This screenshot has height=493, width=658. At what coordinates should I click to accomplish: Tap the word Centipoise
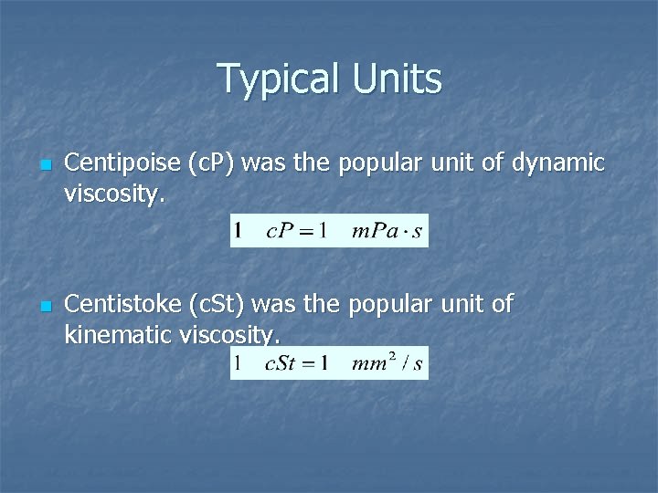coord(122,164)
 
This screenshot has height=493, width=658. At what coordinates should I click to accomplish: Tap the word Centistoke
coord(123,303)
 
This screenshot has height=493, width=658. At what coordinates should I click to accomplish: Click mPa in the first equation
coord(373,231)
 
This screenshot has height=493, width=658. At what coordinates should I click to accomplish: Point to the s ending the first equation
coord(417,232)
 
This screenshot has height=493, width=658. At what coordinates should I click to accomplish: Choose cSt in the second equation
coord(283,364)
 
